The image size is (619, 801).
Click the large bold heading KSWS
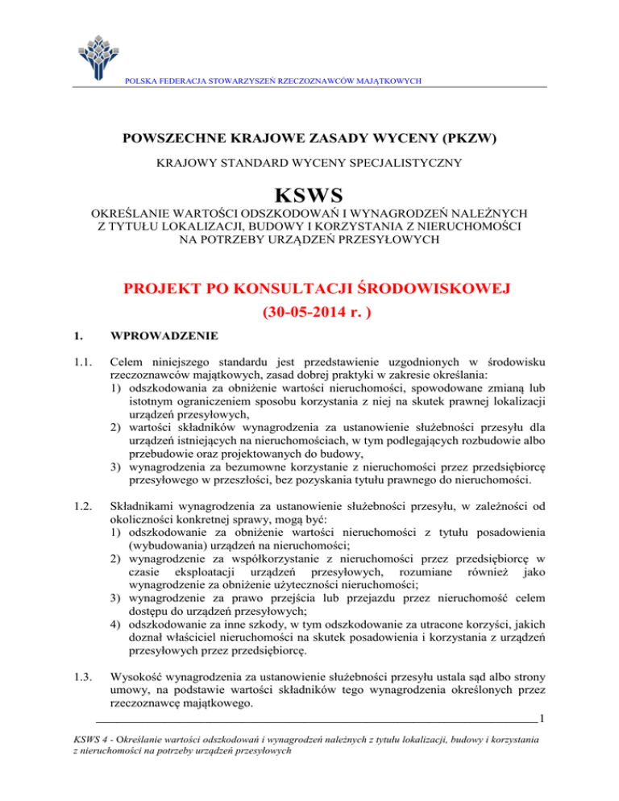pyautogui.click(x=309, y=197)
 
